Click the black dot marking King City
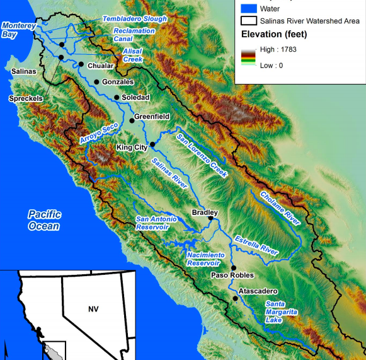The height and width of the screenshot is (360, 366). [x=152, y=144]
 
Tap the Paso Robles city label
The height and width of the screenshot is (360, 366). [x=233, y=275]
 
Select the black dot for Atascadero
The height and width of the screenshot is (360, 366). [x=236, y=298]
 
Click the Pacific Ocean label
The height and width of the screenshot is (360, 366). [x=44, y=220]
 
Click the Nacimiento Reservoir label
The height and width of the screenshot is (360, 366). [x=205, y=258]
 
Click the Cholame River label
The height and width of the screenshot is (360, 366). [x=280, y=208]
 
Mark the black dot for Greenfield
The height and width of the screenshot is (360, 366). [x=132, y=120]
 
